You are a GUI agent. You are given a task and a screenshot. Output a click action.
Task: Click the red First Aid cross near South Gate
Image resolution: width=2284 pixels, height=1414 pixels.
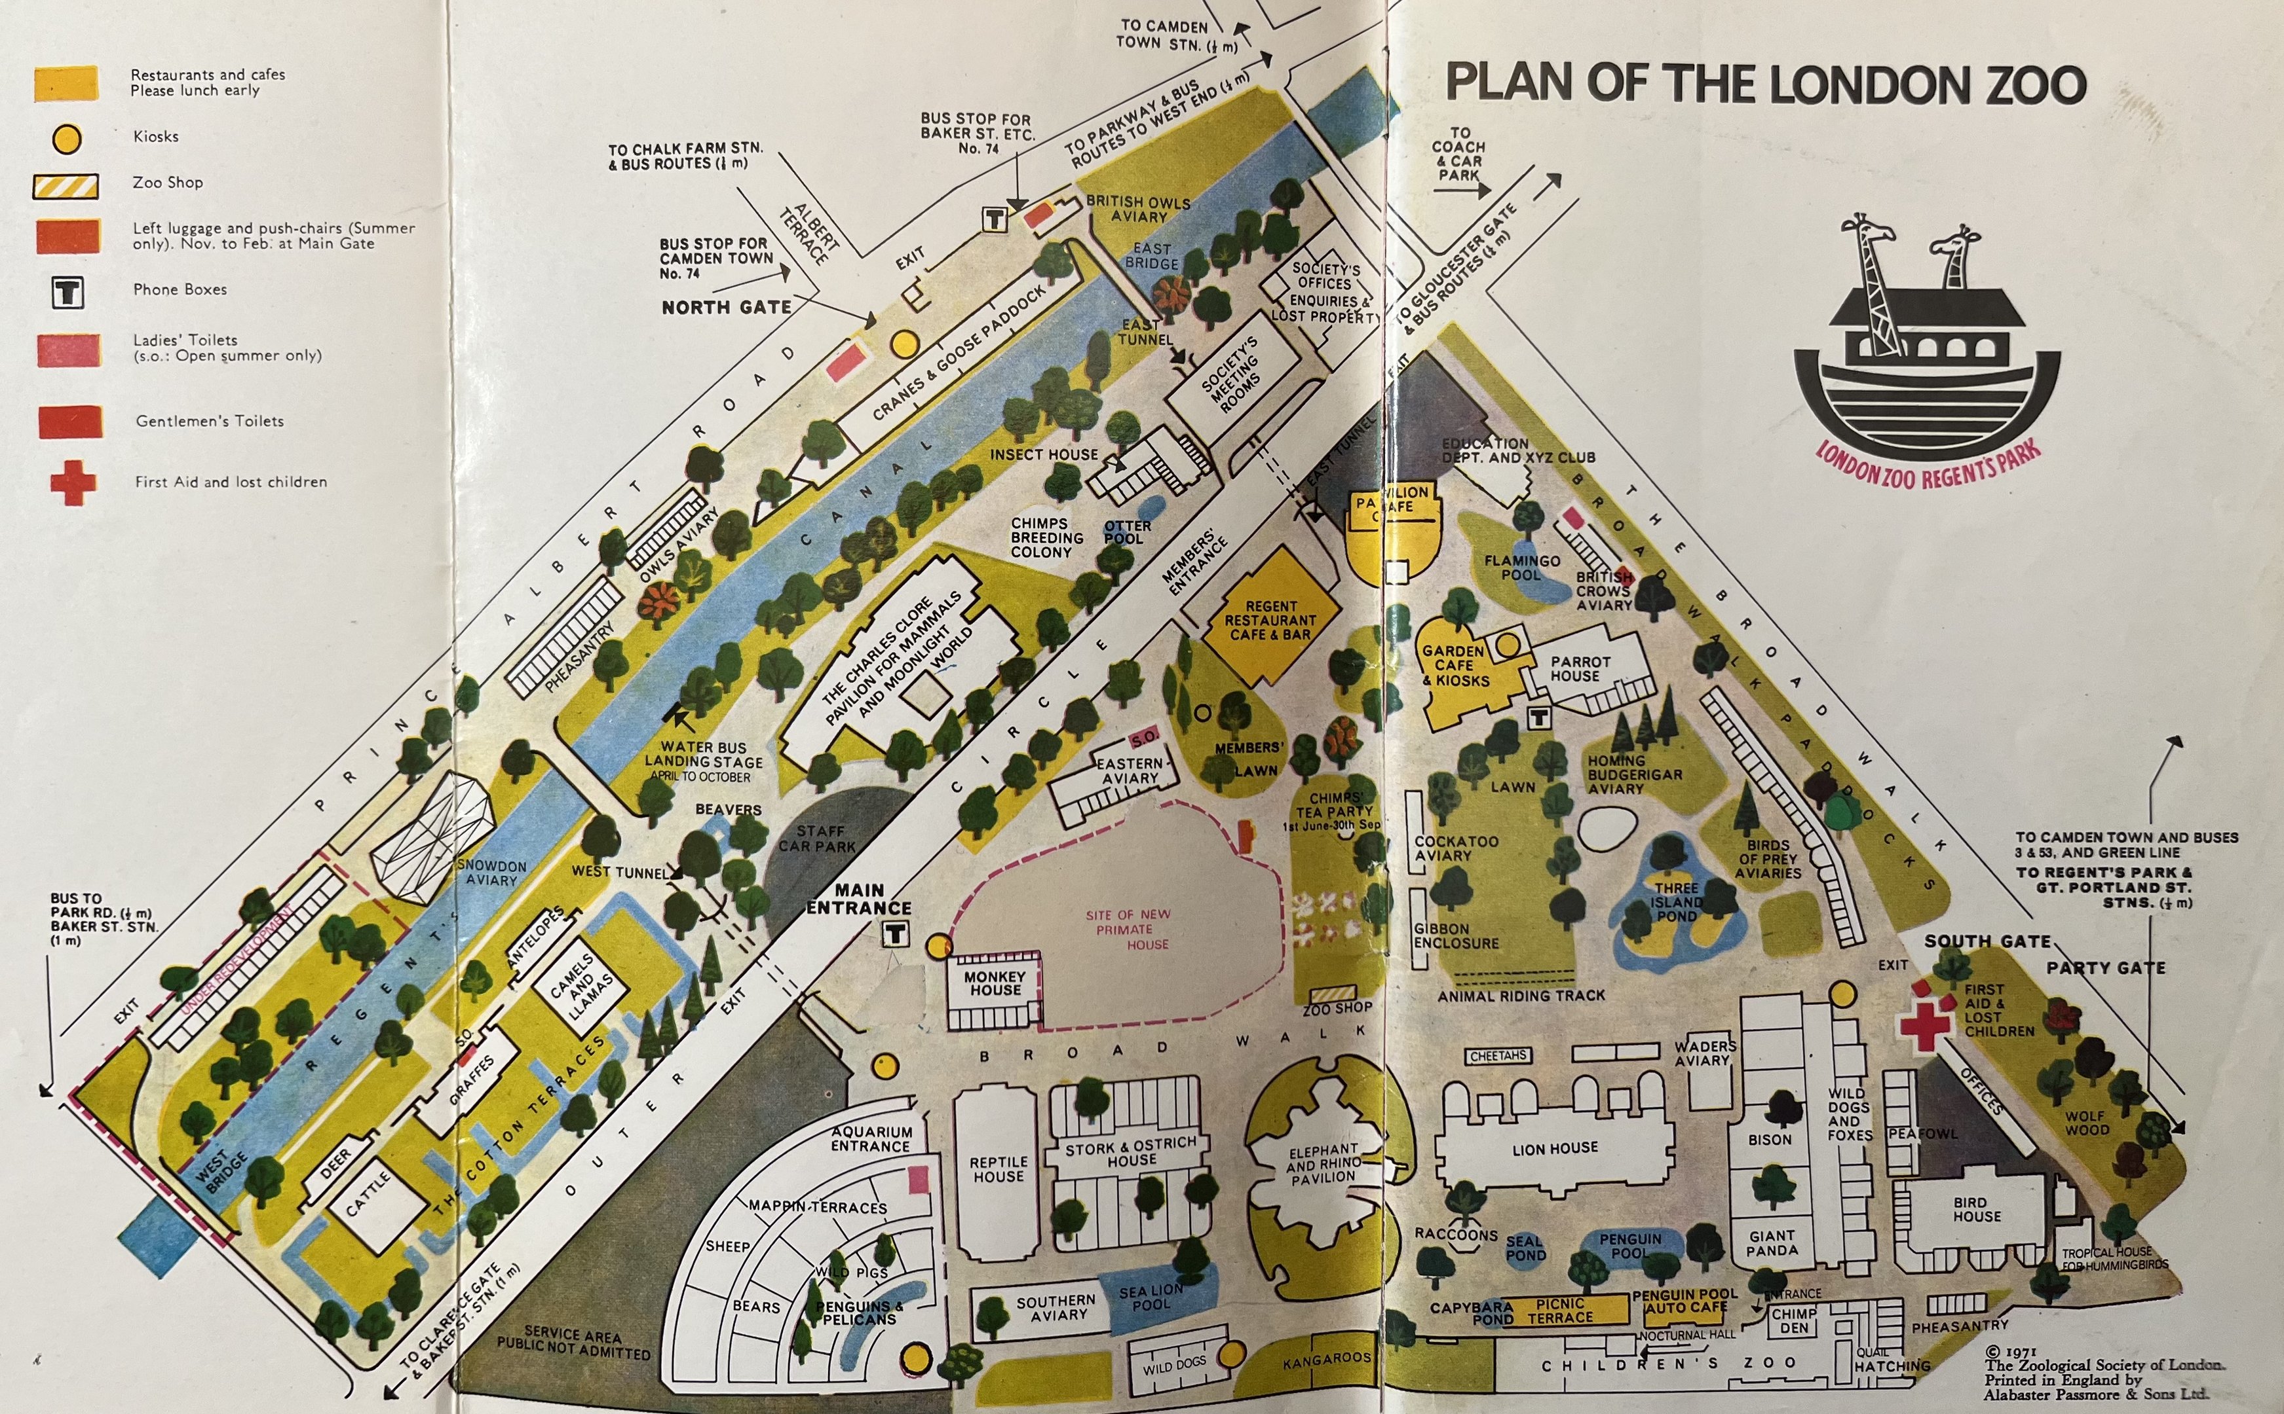(1924, 1021)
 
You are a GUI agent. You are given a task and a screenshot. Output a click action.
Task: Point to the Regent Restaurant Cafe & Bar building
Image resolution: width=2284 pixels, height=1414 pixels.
(1270, 620)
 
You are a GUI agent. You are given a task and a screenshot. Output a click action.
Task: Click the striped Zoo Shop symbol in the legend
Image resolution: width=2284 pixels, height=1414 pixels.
(66, 186)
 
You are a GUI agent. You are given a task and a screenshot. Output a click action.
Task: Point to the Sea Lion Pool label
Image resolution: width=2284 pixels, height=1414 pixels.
(1151, 1297)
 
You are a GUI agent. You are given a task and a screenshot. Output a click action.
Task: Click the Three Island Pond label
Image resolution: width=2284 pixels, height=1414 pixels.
(1676, 901)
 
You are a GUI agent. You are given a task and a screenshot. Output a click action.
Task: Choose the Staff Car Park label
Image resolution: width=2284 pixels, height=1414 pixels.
(817, 838)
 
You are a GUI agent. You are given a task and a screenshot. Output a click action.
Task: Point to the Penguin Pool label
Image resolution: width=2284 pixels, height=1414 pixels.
(1630, 1244)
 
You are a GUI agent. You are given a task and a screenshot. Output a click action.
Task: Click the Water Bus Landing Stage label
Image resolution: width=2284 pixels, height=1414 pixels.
(703, 755)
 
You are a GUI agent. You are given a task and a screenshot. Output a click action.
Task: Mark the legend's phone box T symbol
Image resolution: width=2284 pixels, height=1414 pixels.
(67, 293)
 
